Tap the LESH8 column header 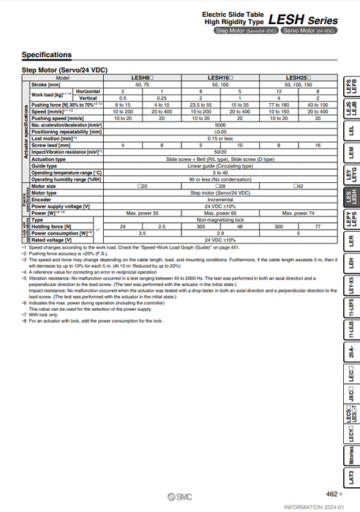tap(142, 77)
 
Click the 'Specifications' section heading tap(46, 55)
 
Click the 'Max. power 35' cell tap(142, 212)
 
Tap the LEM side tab tap(350, 153)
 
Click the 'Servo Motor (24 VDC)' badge tap(310, 31)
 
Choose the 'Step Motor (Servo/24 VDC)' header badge tap(246, 31)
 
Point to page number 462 tap(331, 494)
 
